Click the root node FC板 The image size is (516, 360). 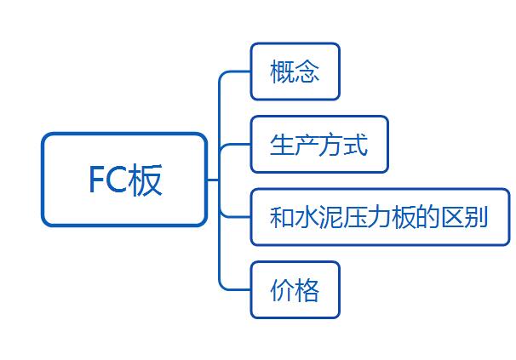coord(124,180)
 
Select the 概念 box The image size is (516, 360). coord(295,71)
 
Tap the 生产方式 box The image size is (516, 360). coord(319,145)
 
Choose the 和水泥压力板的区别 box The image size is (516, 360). coord(380,217)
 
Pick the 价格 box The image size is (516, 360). coord(295,290)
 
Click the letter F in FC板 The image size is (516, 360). coord(97,180)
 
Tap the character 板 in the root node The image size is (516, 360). coord(145,180)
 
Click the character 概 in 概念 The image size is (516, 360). coord(282,72)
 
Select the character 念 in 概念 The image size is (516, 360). coord(307,72)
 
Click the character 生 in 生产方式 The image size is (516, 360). coord(282,145)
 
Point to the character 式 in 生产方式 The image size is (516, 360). coord(357,145)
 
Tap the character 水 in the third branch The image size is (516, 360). coord(307,217)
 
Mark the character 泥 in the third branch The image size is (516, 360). coord(331,217)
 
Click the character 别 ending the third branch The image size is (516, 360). coord(477,217)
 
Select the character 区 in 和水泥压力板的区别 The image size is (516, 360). coord(453,217)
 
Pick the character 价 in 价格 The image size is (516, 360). coord(282,291)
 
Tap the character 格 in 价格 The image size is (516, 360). coord(307,291)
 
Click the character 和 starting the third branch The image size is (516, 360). coord(282,217)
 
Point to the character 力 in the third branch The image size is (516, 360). coord(380,217)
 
